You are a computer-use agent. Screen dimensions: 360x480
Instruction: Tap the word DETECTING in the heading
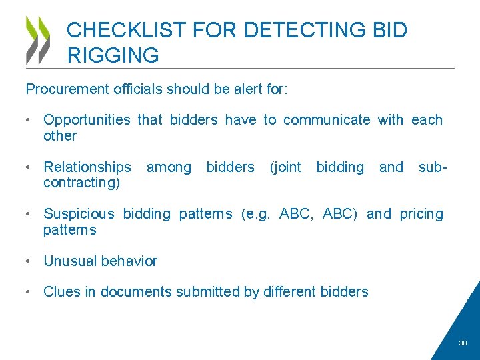(x=305, y=30)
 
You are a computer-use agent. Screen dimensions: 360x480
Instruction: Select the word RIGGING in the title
(x=113, y=55)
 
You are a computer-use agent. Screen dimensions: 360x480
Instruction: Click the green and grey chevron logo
(x=38, y=40)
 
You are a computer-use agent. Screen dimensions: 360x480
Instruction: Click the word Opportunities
(x=87, y=120)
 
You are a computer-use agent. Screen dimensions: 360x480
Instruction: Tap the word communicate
(x=327, y=120)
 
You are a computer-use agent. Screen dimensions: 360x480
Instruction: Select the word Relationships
(x=87, y=167)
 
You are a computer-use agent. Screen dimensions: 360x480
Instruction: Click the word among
(x=169, y=167)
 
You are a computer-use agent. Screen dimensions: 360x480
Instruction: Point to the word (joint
(x=285, y=167)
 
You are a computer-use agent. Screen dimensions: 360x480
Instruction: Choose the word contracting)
(x=81, y=183)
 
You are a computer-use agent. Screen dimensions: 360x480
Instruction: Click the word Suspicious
(x=79, y=214)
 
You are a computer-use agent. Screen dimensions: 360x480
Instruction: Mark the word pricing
(x=421, y=214)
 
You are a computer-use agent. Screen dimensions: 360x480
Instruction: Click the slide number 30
(x=463, y=343)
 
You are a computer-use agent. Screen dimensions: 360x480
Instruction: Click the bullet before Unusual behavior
(x=29, y=261)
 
